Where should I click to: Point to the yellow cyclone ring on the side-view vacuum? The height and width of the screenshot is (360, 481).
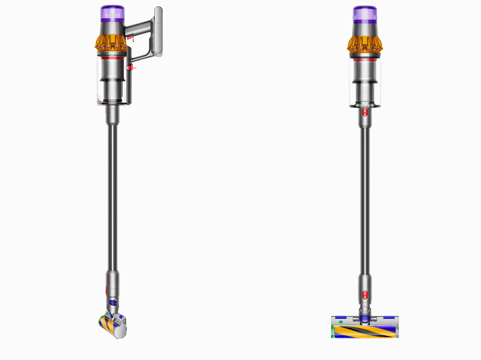111,43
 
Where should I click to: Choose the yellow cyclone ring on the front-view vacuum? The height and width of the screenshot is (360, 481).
365,44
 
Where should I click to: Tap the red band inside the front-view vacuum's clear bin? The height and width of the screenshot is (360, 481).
365,60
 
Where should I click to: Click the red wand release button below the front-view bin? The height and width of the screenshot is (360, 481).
365,113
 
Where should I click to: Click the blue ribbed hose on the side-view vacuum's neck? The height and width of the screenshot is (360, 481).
112,303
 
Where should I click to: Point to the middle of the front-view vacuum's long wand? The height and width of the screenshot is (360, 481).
365,199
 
